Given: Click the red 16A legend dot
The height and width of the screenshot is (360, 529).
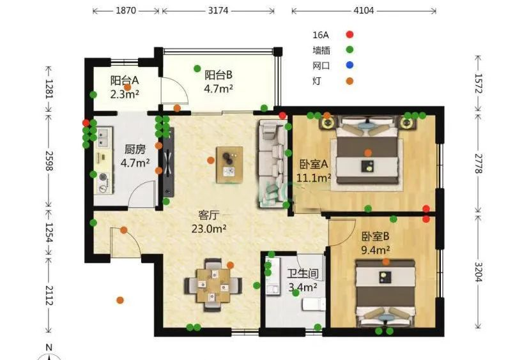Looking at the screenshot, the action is click(350, 34).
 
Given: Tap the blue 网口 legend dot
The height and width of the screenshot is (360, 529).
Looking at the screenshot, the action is click(350, 65).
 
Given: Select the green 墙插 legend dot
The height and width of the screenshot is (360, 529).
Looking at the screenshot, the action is click(350, 50).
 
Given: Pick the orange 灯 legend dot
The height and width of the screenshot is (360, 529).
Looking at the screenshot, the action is click(350, 81).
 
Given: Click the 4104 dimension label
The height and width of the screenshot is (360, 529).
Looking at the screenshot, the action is click(364, 11).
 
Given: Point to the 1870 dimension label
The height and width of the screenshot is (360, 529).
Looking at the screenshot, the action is click(126, 11).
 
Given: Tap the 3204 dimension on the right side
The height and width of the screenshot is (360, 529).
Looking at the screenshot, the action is click(479, 272).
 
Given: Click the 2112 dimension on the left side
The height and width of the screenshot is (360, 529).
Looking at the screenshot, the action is click(49, 296).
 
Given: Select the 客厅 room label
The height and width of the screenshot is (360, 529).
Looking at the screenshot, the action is click(208, 214).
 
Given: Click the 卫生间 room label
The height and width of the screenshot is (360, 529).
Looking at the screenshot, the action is click(303, 273).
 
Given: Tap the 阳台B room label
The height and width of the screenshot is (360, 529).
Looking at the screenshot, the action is click(218, 75).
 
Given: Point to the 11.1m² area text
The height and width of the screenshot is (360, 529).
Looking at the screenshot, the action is click(314, 177).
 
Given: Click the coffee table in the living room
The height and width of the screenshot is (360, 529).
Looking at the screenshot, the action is click(230, 165).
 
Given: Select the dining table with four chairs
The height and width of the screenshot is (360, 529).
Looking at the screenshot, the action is click(213, 285).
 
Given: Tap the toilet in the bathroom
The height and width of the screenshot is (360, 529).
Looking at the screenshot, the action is click(314, 304).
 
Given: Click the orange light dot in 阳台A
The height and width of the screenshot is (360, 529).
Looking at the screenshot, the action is click(128, 87).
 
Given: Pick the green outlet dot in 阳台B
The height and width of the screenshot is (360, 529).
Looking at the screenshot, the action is click(197, 68).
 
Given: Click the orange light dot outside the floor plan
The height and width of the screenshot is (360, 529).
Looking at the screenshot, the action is click(119, 300).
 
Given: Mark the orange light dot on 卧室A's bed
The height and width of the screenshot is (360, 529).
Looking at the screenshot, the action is click(368, 153).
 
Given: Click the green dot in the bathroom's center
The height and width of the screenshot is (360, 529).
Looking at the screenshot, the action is click(296, 293).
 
